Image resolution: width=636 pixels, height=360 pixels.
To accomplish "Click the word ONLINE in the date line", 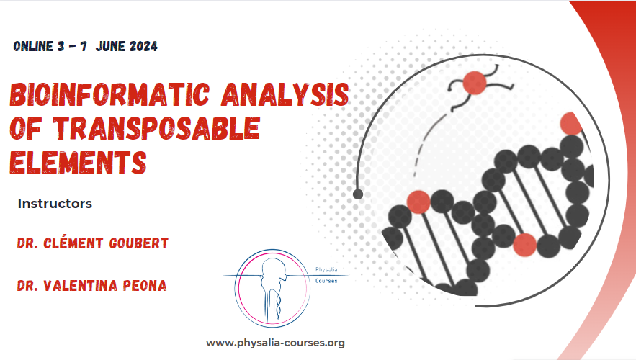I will [x=33, y=47].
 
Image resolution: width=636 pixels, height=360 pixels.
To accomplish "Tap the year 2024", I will [x=141, y=47].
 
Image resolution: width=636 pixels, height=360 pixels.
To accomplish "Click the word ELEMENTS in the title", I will [x=77, y=161].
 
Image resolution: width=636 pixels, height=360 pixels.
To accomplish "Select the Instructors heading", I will [x=55, y=204].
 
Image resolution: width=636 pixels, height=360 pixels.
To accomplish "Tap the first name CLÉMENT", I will [x=66, y=243].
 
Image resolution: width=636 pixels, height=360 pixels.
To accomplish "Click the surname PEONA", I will [x=144, y=286].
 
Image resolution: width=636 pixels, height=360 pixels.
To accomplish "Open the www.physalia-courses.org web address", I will [x=275, y=343].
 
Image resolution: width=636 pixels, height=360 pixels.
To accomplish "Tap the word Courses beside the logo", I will [x=331, y=281].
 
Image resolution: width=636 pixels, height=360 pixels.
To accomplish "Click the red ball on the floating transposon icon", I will [x=475, y=84].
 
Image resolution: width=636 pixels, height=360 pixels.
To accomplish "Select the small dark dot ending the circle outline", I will [x=358, y=194].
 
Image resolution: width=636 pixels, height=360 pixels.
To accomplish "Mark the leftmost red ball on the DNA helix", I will [x=418, y=202].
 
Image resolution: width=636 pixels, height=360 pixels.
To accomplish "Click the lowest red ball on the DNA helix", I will [x=525, y=245].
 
